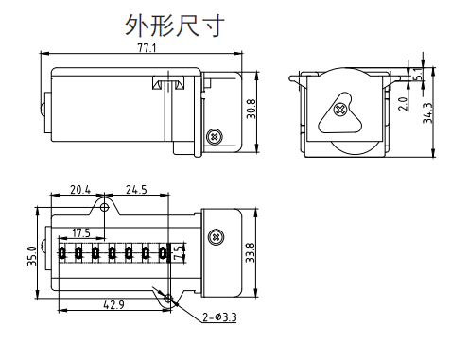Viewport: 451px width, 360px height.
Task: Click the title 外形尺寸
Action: [175, 25]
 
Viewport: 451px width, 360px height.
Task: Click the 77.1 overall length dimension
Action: [147, 48]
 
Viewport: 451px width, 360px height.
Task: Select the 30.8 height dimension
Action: [252, 109]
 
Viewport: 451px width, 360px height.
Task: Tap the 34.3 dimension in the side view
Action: [428, 112]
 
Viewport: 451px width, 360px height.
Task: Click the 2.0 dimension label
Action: [403, 104]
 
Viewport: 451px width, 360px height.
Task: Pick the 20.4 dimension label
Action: [80, 190]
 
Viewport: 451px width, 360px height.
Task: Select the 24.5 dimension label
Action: [136, 190]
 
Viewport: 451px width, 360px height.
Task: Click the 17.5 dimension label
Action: [81, 233]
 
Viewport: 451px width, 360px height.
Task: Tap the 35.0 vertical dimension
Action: [32, 256]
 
